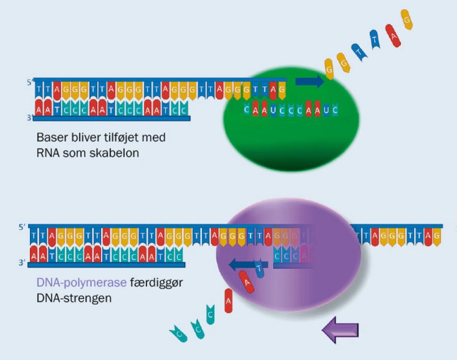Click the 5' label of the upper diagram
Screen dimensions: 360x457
click(28, 82)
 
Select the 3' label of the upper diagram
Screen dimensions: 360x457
click(28, 118)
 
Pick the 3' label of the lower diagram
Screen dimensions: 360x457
click(22, 263)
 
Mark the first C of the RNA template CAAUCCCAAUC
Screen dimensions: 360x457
click(247, 110)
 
